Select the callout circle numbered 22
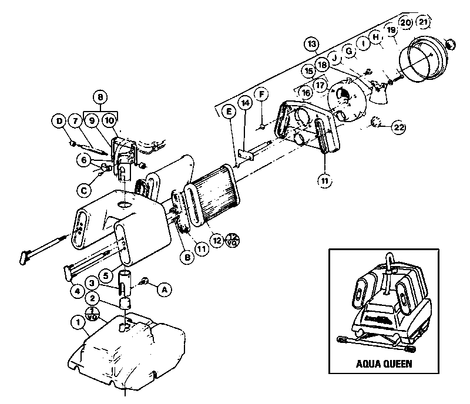click(x=399, y=127)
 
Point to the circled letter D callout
click(x=59, y=122)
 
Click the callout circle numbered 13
click(x=311, y=44)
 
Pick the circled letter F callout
click(x=261, y=94)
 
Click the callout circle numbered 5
click(x=105, y=274)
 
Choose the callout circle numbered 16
click(x=305, y=92)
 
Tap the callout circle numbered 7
click(x=75, y=122)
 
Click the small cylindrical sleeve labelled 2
click(x=124, y=304)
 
